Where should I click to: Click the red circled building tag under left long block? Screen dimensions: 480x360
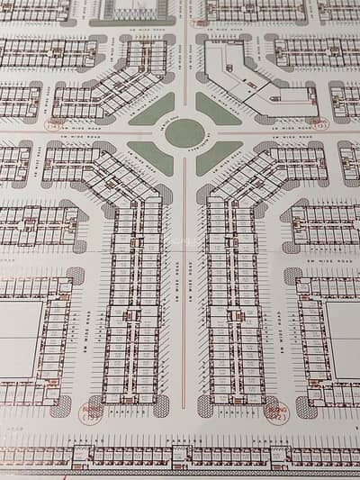92,412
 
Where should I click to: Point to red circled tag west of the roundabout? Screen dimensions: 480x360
56,124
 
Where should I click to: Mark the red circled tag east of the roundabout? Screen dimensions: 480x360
319,124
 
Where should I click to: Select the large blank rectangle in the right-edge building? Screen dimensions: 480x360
345,339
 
